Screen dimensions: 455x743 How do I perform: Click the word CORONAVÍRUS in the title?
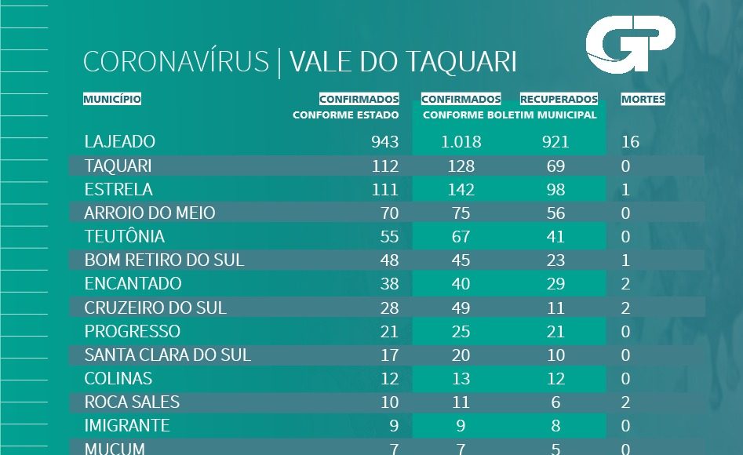click(176, 62)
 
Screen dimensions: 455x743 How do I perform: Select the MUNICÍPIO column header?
click(112, 100)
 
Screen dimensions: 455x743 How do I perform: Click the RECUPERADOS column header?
click(559, 100)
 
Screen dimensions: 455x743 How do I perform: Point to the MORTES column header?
click(643, 100)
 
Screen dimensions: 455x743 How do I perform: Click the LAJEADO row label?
click(120, 142)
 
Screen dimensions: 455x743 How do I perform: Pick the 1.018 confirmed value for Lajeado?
click(461, 142)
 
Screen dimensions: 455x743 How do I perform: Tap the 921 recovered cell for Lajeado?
click(555, 142)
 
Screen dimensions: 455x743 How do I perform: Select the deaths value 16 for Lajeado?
click(630, 142)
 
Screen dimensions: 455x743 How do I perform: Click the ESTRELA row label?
click(118, 190)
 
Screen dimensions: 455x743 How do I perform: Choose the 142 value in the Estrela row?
click(461, 190)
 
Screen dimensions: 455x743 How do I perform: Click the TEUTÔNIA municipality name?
click(125, 237)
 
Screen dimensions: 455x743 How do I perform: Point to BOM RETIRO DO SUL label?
click(164, 260)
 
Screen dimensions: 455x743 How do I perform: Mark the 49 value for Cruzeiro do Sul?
click(461, 308)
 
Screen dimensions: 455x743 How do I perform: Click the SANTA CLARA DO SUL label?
click(168, 355)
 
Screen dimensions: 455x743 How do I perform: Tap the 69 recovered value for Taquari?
click(555, 166)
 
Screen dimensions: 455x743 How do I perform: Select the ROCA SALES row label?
click(132, 402)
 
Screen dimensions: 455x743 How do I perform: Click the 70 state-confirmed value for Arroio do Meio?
click(388, 213)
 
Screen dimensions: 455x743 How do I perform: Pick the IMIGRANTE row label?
click(127, 426)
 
